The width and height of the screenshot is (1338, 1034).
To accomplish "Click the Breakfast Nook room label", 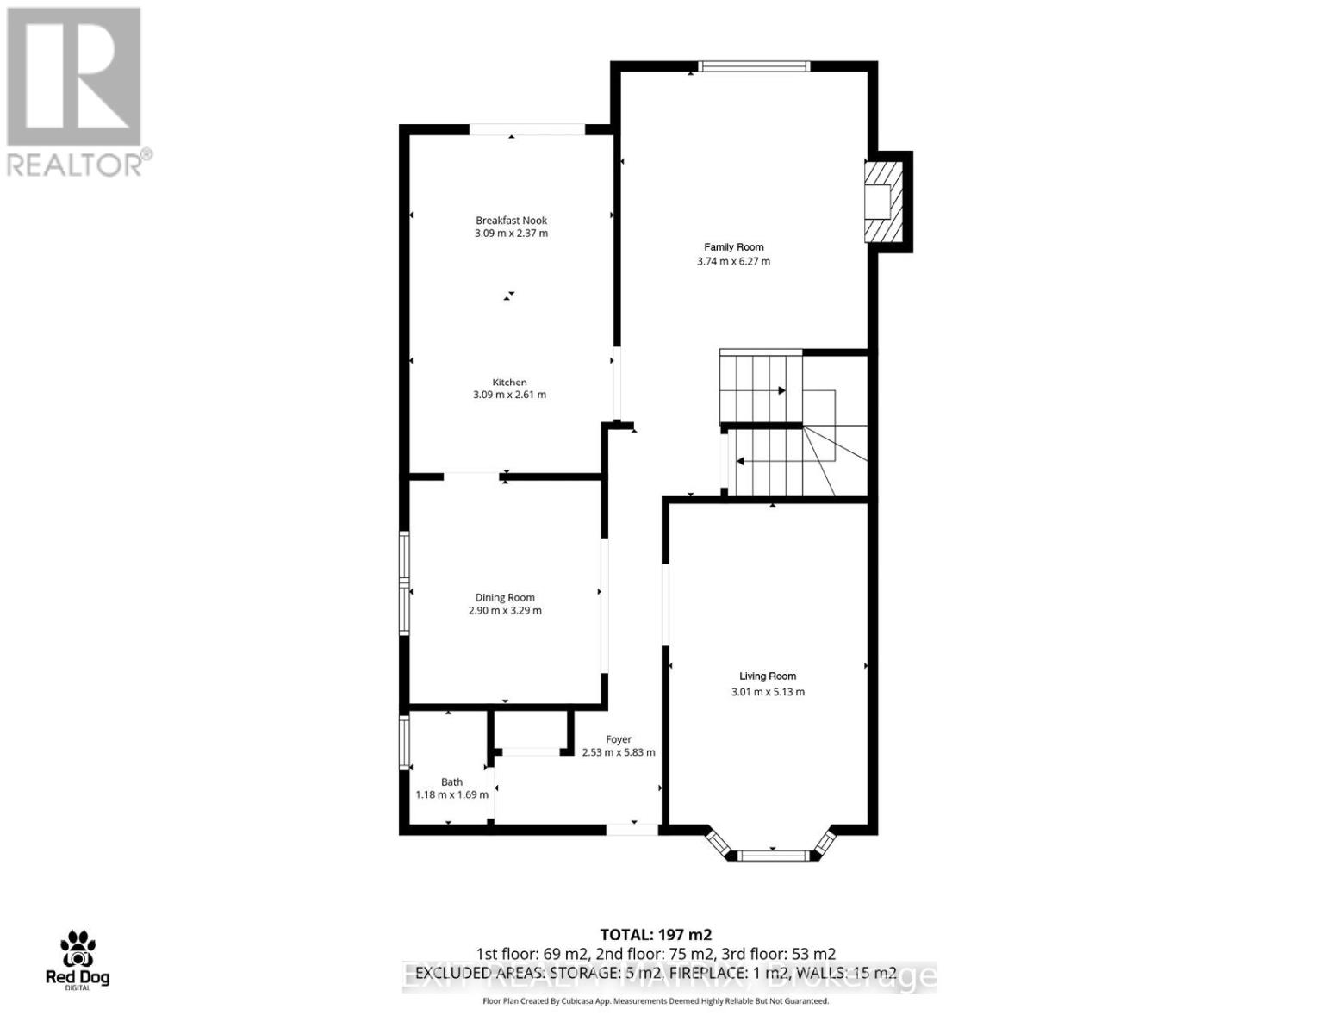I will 511,221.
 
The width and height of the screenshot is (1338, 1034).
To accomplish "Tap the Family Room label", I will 733,247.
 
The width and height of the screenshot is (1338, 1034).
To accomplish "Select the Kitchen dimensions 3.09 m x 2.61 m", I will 509,395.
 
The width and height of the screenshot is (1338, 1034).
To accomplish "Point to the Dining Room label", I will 505,597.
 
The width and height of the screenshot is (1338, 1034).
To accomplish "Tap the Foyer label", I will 619,739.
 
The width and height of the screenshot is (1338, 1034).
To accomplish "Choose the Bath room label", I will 451,782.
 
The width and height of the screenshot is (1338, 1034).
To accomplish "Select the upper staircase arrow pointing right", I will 781,390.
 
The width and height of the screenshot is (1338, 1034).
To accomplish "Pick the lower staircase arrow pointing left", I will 741,462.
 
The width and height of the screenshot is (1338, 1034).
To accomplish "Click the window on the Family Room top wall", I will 753,66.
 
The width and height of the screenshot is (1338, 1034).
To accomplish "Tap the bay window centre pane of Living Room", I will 773,855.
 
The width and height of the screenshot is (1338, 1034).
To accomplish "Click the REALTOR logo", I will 76,90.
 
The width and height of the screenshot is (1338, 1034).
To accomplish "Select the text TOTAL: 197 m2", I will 656,934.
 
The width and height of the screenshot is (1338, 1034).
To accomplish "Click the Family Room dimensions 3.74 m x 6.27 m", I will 733,261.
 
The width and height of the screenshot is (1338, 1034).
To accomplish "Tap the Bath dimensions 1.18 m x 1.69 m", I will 451,794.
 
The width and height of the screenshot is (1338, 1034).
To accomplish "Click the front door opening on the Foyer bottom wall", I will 632,829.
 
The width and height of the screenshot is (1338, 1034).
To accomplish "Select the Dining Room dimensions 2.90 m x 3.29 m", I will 505,611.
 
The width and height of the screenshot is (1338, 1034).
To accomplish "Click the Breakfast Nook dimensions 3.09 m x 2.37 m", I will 511,234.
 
